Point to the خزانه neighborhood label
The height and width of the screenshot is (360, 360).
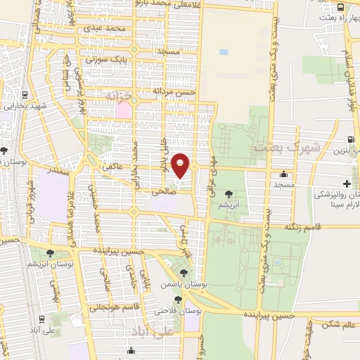117,94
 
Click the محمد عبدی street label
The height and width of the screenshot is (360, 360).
105,29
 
